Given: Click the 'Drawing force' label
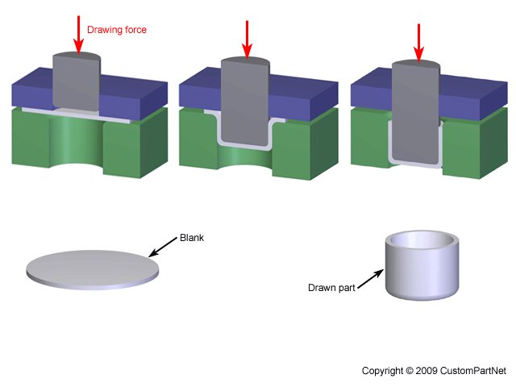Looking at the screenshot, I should (x=116, y=30).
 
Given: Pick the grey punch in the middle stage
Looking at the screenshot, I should (x=245, y=105).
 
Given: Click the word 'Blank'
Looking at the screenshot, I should (x=192, y=239).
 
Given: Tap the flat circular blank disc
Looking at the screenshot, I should (x=92, y=266).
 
